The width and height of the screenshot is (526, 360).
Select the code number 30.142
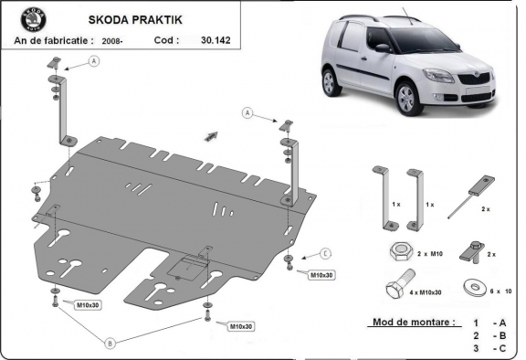click(217, 40)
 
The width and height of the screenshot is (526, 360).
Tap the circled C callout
click(325, 253)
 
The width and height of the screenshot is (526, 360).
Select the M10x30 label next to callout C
click(321, 274)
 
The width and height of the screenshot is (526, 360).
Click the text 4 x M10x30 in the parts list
click(426, 292)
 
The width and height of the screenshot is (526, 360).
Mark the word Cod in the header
click(165, 40)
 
